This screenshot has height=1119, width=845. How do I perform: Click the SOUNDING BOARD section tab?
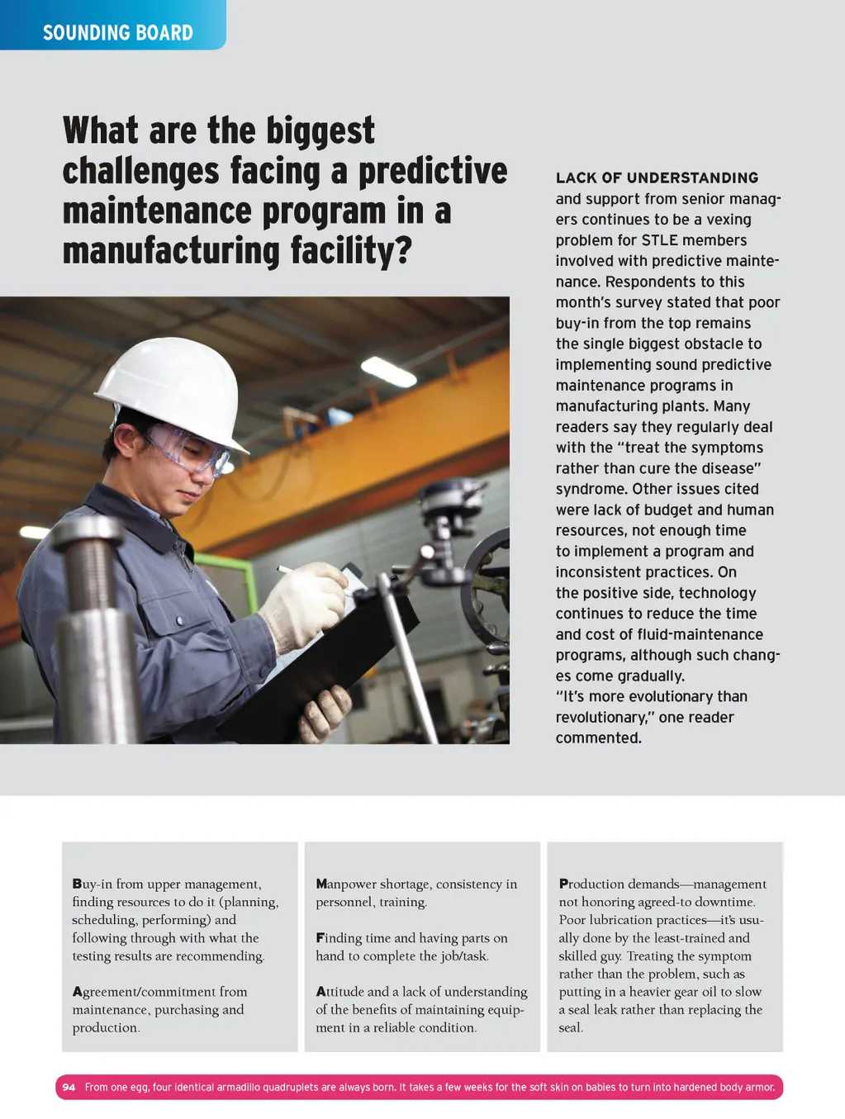pyautogui.click(x=117, y=32)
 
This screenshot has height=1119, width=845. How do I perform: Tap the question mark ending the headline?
pyautogui.click(x=402, y=250)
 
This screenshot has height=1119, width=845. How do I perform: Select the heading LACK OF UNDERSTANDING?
pyautogui.click(x=657, y=178)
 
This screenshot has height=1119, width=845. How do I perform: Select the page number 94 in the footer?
pyautogui.click(x=69, y=1087)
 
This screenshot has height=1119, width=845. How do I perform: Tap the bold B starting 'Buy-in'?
pyautogui.click(x=77, y=884)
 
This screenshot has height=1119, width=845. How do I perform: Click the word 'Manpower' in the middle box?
pyautogui.click(x=346, y=884)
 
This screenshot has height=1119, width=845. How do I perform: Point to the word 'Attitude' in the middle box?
pyautogui.click(x=340, y=992)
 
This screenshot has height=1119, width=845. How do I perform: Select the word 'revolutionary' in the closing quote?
pyautogui.click(x=601, y=718)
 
